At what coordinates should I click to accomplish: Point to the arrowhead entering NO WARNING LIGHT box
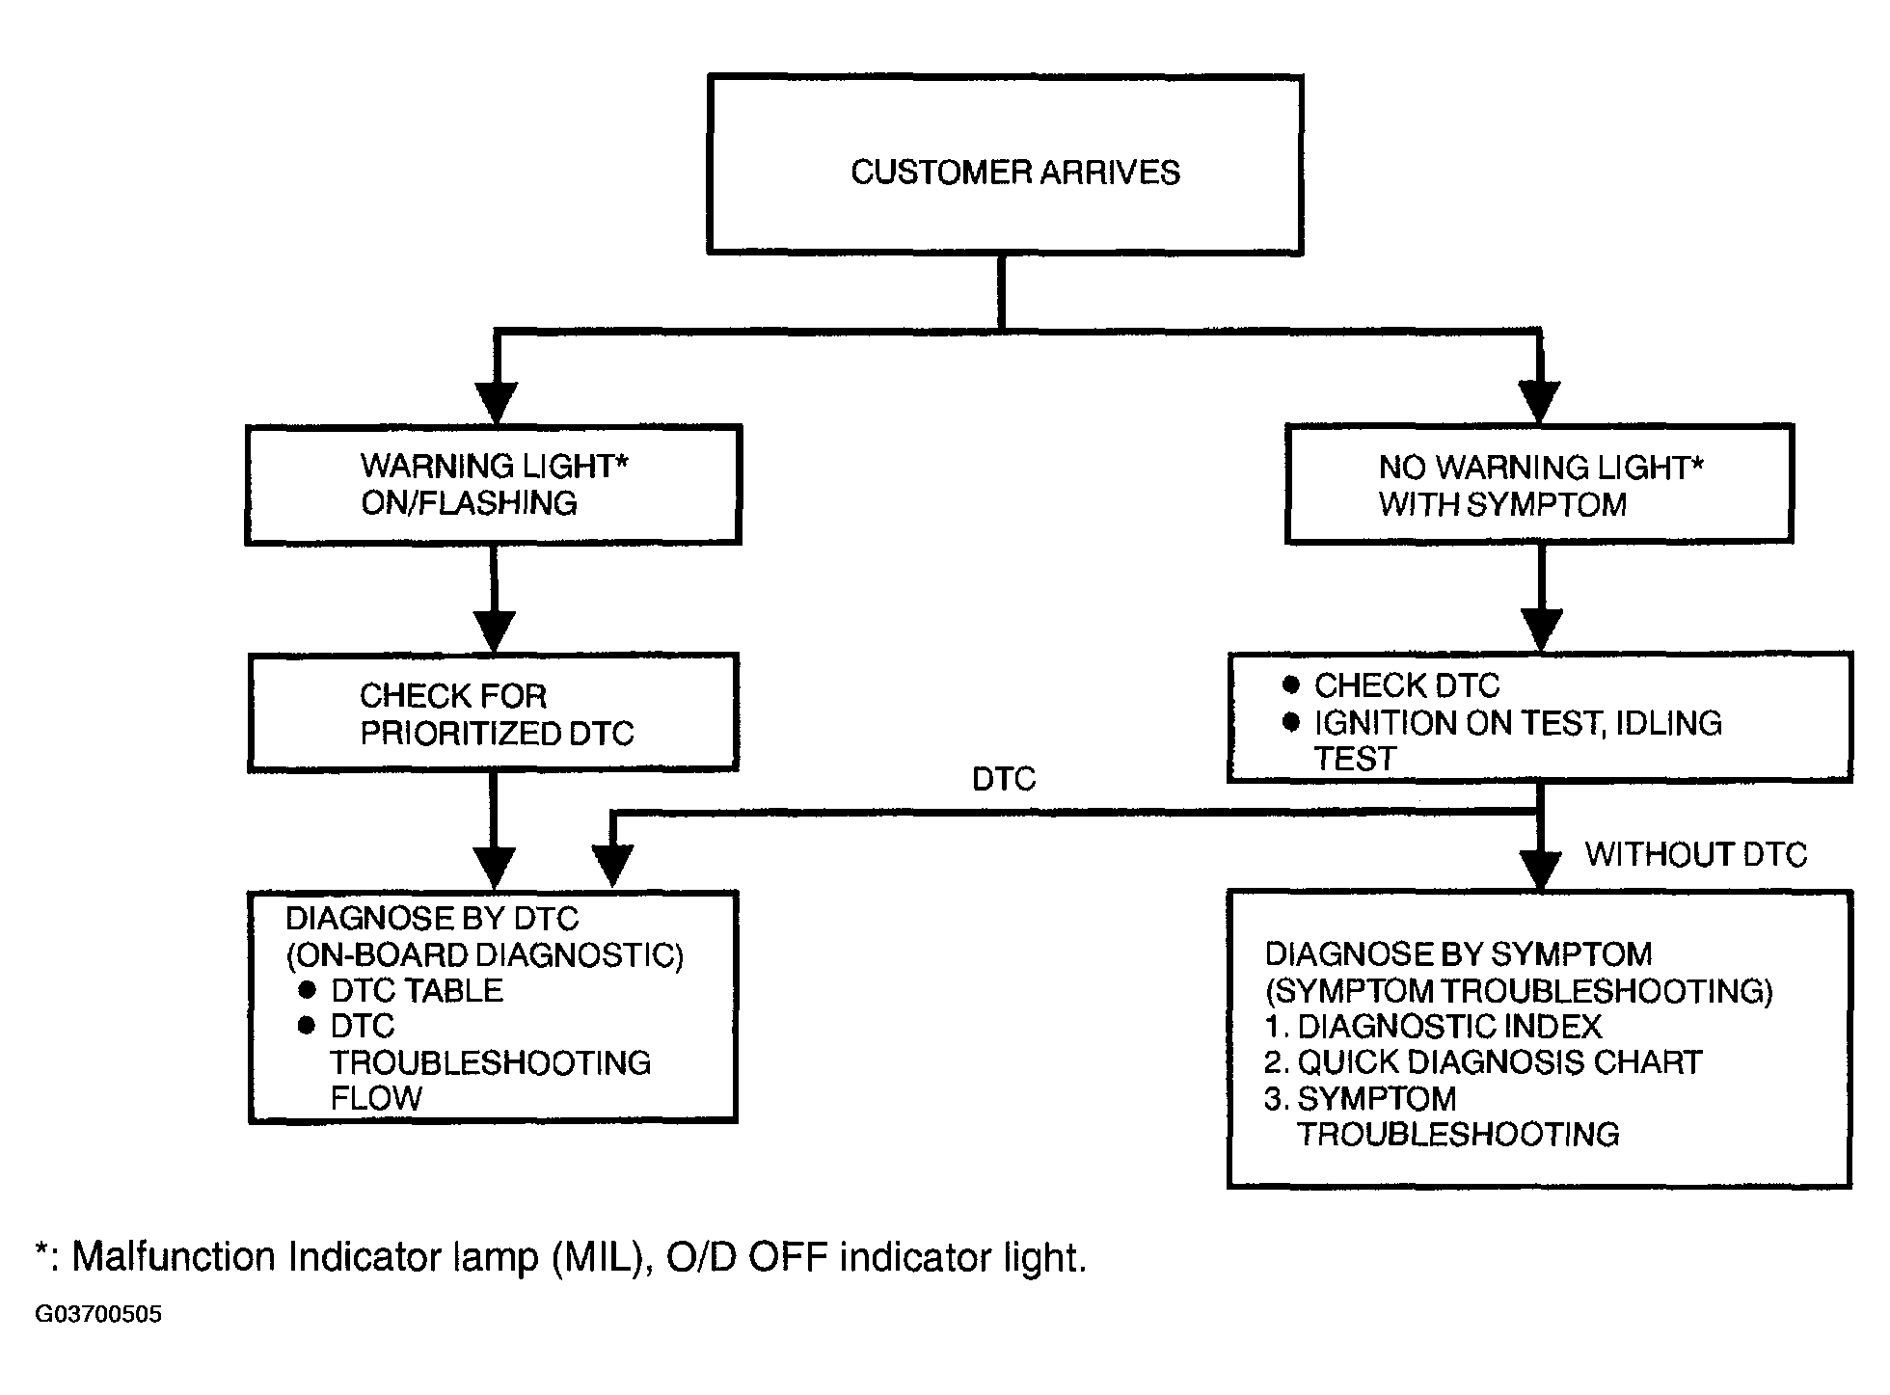click(x=1539, y=402)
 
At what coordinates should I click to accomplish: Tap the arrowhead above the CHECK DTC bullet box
click(x=1541, y=630)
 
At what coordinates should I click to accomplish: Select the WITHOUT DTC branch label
click(x=1696, y=854)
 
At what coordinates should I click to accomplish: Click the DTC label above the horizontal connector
click(x=1004, y=779)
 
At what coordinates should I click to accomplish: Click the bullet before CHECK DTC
click(x=1291, y=685)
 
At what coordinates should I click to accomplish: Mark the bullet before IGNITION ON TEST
click(x=1291, y=722)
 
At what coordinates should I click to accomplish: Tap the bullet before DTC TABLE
click(x=307, y=990)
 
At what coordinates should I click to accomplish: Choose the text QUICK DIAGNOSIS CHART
click(x=1499, y=1062)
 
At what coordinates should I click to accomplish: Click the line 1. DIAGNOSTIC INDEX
click(x=1433, y=1026)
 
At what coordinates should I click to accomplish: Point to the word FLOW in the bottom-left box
click(x=376, y=1098)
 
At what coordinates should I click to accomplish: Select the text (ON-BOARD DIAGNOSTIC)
click(x=485, y=954)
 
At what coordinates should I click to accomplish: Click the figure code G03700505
click(x=98, y=1315)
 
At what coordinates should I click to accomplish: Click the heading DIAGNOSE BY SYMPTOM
click(x=1458, y=954)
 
